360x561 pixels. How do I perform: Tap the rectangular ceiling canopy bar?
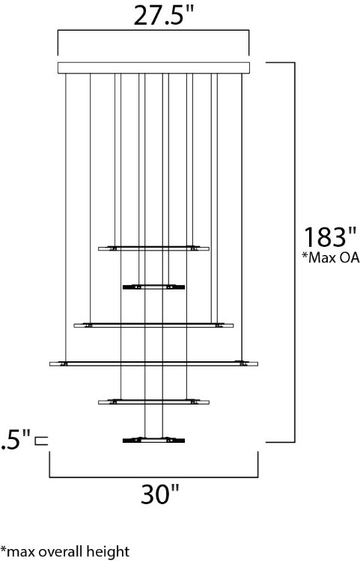click(154, 68)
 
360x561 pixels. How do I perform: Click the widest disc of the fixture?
click(153, 364)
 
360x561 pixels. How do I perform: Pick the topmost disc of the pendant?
click(153, 248)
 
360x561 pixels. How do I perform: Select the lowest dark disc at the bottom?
click(153, 440)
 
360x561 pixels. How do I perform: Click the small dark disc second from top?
click(153, 286)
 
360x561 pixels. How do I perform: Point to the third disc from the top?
click(153, 325)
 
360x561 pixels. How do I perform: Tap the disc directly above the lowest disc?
click(153, 402)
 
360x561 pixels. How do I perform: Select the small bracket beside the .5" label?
click(41, 440)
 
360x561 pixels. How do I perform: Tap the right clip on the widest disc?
click(242, 364)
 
